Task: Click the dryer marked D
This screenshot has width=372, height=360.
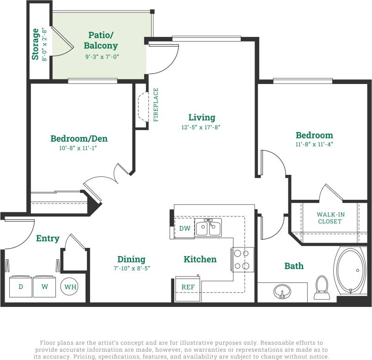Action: coord(21,287)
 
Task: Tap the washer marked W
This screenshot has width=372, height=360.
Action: coord(45,287)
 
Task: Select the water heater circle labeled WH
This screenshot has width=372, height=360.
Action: coord(70,287)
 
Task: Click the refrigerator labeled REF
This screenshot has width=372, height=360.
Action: coord(188,287)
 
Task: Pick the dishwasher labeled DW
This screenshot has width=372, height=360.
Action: coord(184,228)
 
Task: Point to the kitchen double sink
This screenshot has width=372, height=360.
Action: coord(208,228)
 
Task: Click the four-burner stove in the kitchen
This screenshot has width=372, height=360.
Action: coord(243,259)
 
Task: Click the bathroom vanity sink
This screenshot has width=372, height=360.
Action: coord(282,292)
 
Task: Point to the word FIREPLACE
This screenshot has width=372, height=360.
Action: coord(156,105)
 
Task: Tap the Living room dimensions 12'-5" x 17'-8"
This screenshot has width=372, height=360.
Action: coord(201,127)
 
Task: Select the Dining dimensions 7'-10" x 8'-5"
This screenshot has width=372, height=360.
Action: coord(131,268)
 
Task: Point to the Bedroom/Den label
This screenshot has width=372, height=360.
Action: coord(79,138)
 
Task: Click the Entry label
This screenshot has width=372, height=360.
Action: coord(48,238)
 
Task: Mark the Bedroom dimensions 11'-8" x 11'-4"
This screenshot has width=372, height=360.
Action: coord(314,144)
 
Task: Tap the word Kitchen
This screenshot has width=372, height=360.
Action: coord(200,259)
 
